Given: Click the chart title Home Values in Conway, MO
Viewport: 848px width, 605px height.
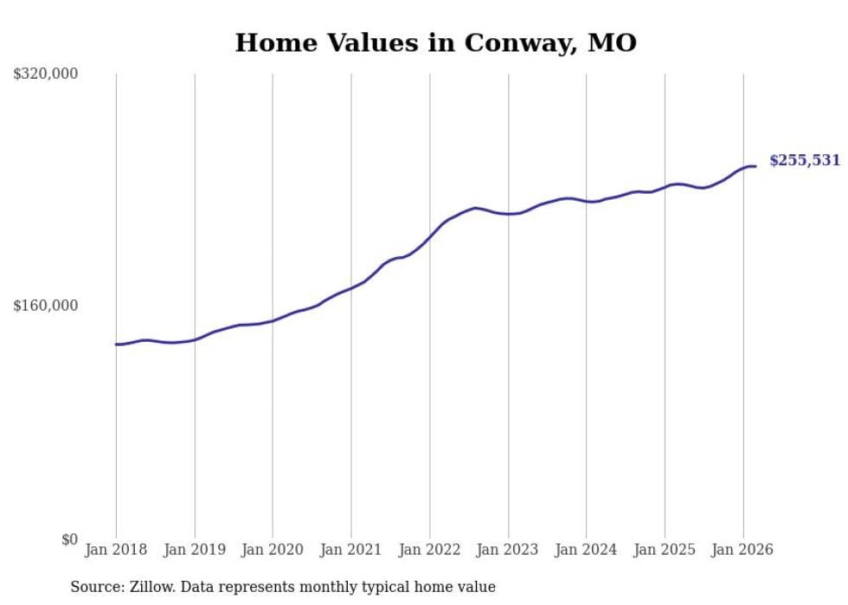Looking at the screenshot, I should [x=435, y=42].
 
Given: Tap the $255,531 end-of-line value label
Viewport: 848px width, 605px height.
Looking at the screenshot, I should [x=805, y=160].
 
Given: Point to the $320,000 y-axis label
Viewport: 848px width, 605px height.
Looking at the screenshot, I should [x=46, y=74].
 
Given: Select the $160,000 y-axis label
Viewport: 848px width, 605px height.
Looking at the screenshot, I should [x=46, y=306].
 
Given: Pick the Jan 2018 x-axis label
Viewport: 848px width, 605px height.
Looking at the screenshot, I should [x=116, y=550].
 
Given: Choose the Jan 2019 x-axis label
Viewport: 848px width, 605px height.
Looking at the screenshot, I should [x=195, y=550].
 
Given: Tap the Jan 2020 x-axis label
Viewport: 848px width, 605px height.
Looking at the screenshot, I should [x=273, y=550].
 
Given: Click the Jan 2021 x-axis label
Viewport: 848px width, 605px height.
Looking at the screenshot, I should [x=351, y=550].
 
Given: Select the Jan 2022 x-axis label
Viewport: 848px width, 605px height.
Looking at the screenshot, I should [x=430, y=550].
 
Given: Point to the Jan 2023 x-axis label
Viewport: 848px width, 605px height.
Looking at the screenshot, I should [x=508, y=550].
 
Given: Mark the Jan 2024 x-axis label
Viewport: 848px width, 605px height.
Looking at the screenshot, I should [x=587, y=550].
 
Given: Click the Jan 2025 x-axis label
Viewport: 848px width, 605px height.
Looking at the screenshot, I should [x=665, y=550].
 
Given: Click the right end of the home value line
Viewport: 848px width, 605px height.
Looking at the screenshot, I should [x=755, y=166].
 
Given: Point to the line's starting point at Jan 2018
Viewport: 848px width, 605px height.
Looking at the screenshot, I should [x=116, y=344].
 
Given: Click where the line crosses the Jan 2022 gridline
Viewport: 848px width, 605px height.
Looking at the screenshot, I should [x=430, y=235].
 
